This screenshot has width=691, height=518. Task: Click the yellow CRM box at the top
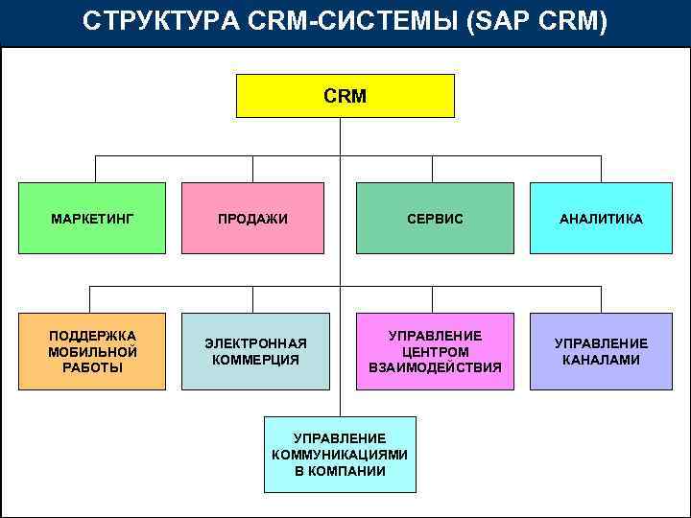pos(345,96)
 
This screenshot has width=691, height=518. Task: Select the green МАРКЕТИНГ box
pos(92,219)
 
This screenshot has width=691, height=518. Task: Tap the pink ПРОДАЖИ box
pos(252,219)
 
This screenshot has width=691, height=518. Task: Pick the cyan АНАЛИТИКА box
pos(601,219)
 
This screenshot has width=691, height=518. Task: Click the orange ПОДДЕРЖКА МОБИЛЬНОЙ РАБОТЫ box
pos(92,351)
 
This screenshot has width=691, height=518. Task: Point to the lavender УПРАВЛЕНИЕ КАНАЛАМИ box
pos(601,351)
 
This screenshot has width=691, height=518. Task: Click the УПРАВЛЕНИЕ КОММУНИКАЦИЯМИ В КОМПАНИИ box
pos(340,455)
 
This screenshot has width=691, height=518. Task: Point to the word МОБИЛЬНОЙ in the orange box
pos(92,351)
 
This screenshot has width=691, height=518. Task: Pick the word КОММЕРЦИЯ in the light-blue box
pos(256,360)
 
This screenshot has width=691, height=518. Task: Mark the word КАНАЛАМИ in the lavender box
pos(601,360)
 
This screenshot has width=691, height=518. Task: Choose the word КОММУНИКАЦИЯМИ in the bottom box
pos(340,455)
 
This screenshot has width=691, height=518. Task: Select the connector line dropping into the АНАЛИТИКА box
pos(601,169)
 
